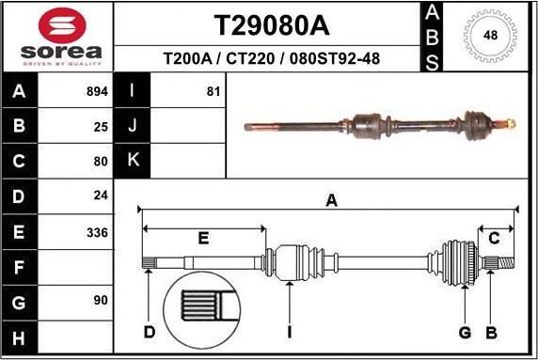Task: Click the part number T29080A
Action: pyautogui.click(x=271, y=23)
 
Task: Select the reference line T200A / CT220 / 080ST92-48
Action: pyautogui.click(x=271, y=58)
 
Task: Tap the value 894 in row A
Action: pyautogui.click(x=97, y=92)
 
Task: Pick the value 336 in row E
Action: pyautogui.click(x=97, y=231)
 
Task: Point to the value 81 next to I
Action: pyautogui.click(x=212, y=92)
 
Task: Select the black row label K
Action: pyautogui.click(x=133, y=161)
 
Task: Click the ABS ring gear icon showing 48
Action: pyautogui.click(x=489, y=36)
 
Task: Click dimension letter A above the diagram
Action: pyautogui.click(x=330, y=199)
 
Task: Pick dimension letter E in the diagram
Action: pyautogui.click(x=203, y=239)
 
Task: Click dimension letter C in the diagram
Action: pyautogui.click(x=493, y=238)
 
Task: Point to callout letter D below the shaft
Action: pyautogui.click(x=149, y=331)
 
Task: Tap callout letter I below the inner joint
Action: pyautogui.click(x=290, y=331)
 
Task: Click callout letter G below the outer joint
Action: pyautogui.click(x=465, y=331)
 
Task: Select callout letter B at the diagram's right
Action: pyautogui.click(x=490, y=331)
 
